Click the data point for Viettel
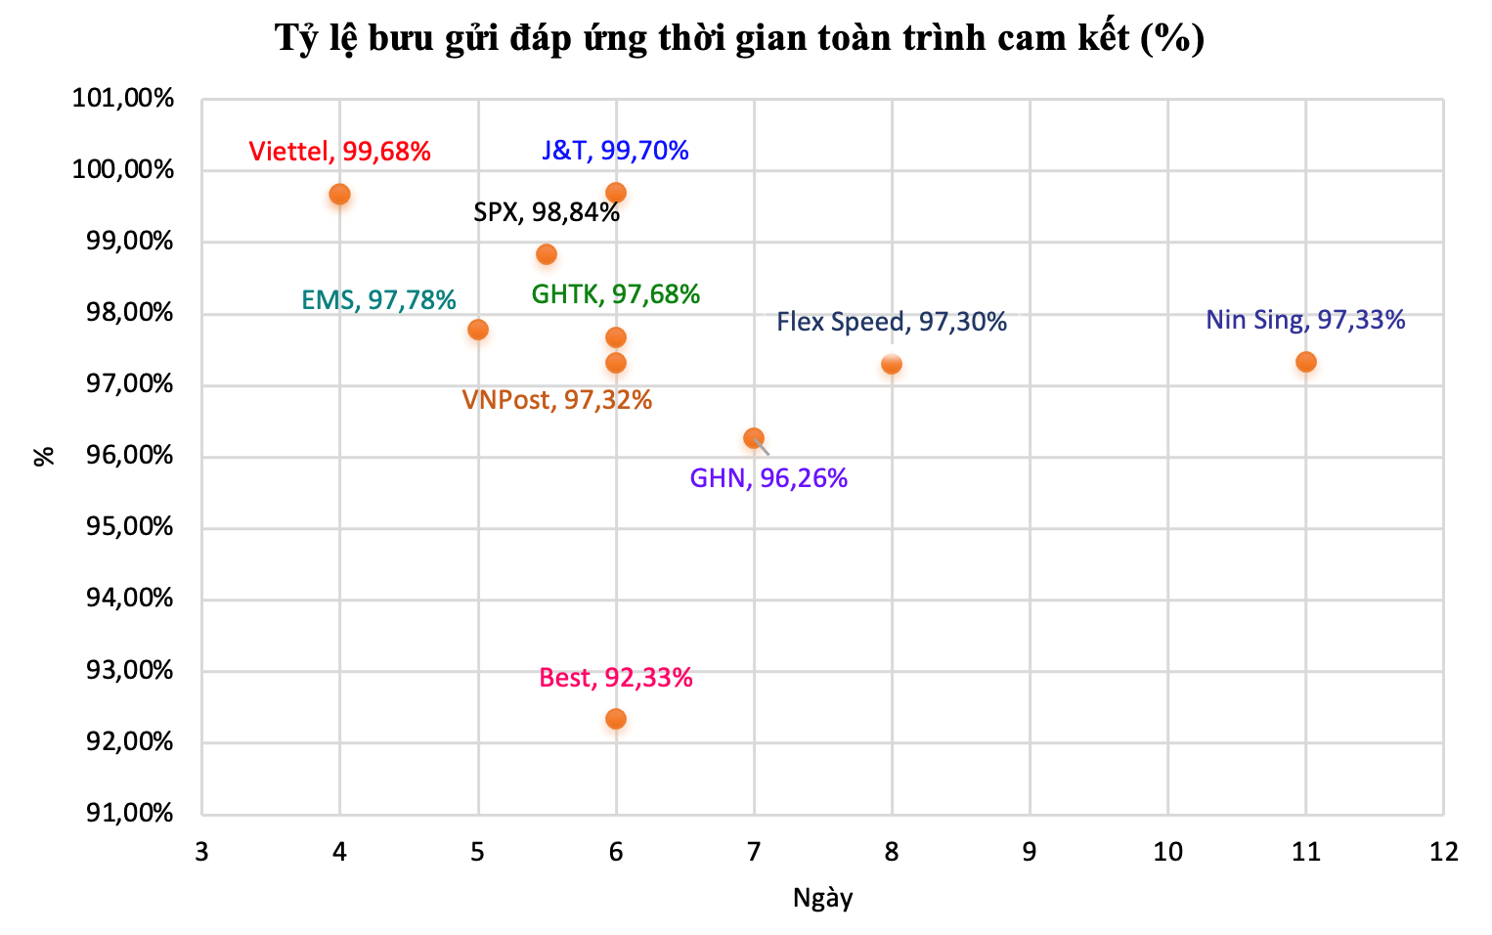[339, 194]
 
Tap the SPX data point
[547, 254]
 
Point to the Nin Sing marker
[1305, 362]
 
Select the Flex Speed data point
[891, 365]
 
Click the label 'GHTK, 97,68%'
[615, 294]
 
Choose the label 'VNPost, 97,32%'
[556, 400]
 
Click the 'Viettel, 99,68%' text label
[339, 152]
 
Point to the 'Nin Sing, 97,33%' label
[1305, 320]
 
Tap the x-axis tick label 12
[1443, 852]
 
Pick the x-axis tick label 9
[1030, 852]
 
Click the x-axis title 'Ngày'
[822, 898]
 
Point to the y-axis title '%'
[44, 456]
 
